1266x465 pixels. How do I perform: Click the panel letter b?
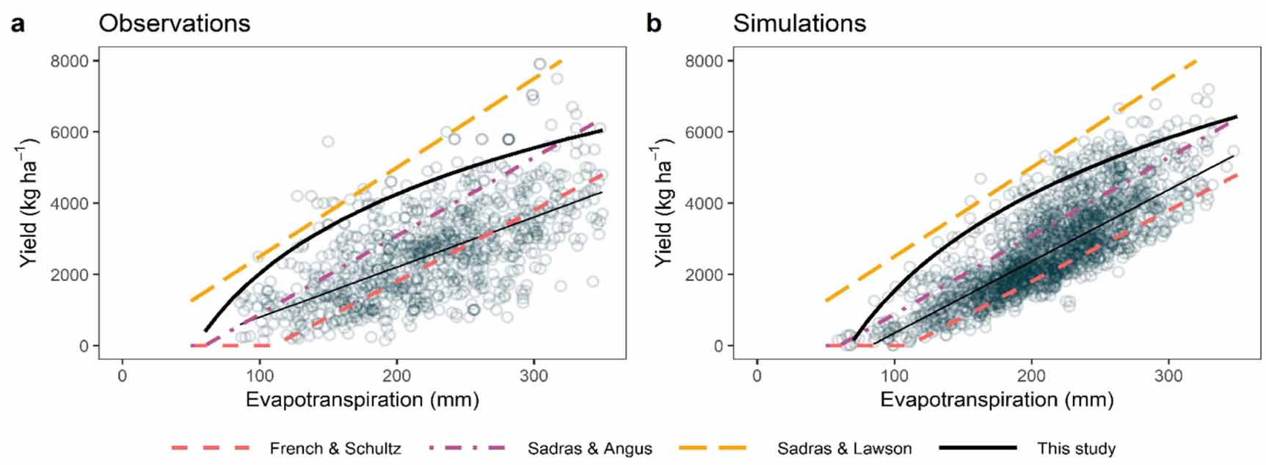[653, 23]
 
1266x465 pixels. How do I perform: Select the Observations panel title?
[175, 23]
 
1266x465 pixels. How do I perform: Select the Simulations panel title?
[799, 23]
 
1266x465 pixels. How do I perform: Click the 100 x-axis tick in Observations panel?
[259, 376]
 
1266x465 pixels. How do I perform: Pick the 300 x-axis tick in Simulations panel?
[1168, 376]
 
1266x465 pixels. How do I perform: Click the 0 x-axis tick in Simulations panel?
[757, 376]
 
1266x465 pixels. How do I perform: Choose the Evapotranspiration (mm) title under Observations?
[362, 400]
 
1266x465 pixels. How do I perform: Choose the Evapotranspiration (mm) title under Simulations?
[997, 400]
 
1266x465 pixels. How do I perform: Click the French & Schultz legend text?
[335, 448]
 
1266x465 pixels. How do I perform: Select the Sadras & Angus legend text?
[589, 448]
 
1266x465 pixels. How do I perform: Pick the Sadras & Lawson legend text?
[844, 448]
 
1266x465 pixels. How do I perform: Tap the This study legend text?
[1076, 448]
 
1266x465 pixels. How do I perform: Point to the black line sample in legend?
[977, 447]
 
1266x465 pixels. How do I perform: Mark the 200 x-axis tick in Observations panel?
[397, 376]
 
